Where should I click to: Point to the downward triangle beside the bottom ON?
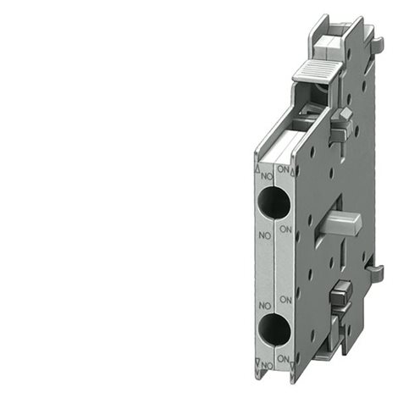click(x=293, y=362)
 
